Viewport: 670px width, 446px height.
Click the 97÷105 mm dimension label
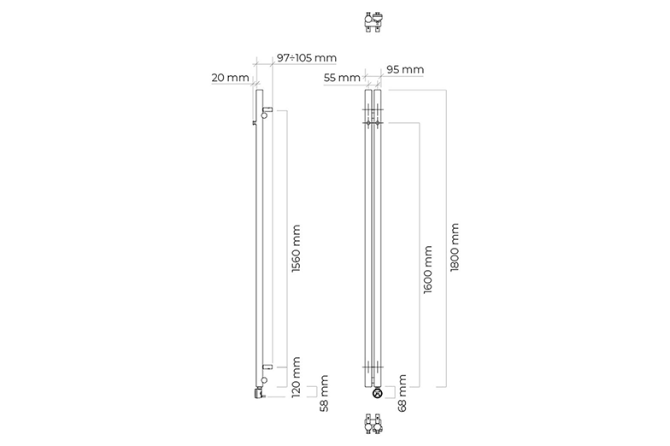tap(306, 58)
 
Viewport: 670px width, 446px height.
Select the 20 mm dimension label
tap(230, 78)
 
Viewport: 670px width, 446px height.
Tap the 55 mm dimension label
tap(342, 79)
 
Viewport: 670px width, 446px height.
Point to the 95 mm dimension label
tap(405, 69)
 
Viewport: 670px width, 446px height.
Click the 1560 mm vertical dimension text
tap(296, 248)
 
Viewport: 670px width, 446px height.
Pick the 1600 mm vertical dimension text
tap(427, 270)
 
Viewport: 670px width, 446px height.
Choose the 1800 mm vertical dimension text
tap(455, 247)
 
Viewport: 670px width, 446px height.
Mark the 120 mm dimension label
tap(296, 377)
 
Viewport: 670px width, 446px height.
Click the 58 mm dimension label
tap(324, 393)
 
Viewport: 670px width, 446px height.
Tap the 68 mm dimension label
tap(402, 393)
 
